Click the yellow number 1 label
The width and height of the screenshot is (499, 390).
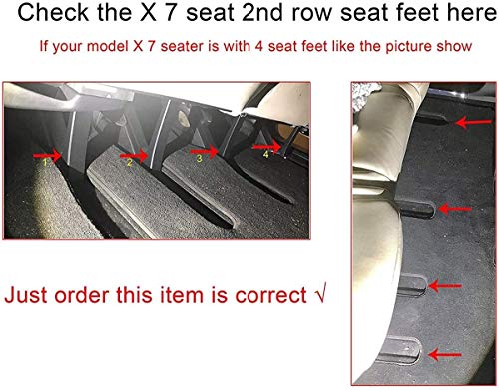pyautogui.click(x=46, y=162)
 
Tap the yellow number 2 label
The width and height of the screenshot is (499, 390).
pyautogui.click(x=130, y=162)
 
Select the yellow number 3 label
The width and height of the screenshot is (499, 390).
pyautogui.click(x=199, y=158)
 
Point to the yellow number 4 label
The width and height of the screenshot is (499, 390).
pyautogui.click(x=266, y=154)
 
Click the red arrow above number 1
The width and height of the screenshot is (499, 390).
pyautogui.click(x=47, y=155)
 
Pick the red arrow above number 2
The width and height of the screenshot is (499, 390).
pyautogui.click(x=134, y=155)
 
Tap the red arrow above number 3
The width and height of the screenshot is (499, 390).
pyautogui.click(x=204, y=152)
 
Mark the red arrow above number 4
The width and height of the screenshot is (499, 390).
pyautogui.click(x=266, y=147)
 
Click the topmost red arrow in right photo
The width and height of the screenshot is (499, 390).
pyautogui.click(x=473, y=123)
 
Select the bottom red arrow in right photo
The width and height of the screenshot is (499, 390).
pyautogui.click(x=445, y=355)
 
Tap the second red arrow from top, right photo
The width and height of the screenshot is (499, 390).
pyautogui.click(x=455, y=209)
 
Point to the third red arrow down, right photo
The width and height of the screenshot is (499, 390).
pyautogui.click(x=445, y=286)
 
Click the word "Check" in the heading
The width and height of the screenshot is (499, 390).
pyautogui.click(x=53, y=12)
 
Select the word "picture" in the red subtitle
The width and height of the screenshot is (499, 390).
pyautogui.click(x=409, y=46)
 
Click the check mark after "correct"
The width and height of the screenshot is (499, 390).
pyautogui.click(x=320, y=293)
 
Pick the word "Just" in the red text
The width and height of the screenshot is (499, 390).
pyautogui.click(x=27, y=295)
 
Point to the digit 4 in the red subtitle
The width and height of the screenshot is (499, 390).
pyautogui.click(x=259, y=46)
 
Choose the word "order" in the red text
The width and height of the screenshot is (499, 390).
pyautogui.click(x=82, y=295)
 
